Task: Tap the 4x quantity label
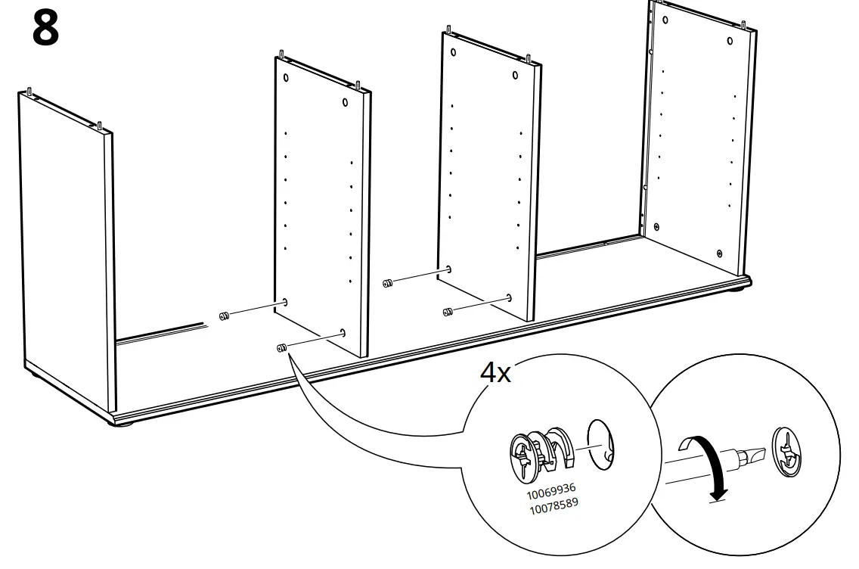495,372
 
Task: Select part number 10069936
551,492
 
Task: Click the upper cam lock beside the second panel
224,316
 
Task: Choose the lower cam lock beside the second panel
281,348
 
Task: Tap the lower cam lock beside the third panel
447,311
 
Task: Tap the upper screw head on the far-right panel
656,225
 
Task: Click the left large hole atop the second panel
287,78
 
